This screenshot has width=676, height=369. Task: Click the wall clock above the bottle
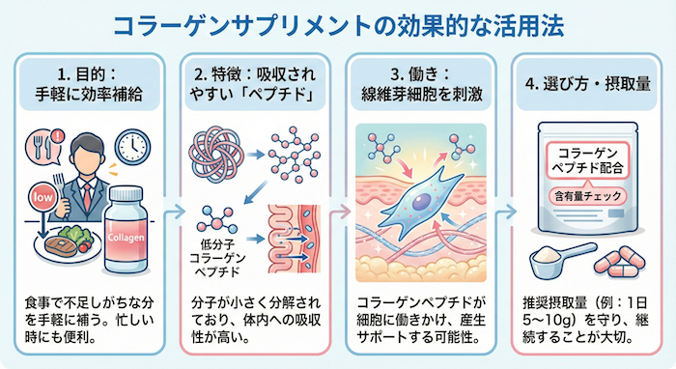tap(136, 144)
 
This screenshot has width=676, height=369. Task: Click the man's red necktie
tap(86, 173)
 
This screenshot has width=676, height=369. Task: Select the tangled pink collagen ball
tap(219, 151)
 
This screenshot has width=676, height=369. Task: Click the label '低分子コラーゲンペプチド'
tap(219, 254)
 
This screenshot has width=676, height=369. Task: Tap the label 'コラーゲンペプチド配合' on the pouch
tap(588, 160)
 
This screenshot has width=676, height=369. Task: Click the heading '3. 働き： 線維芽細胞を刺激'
tap(420, 84)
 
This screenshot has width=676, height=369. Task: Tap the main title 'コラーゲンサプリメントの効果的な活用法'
tap(338, 24)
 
